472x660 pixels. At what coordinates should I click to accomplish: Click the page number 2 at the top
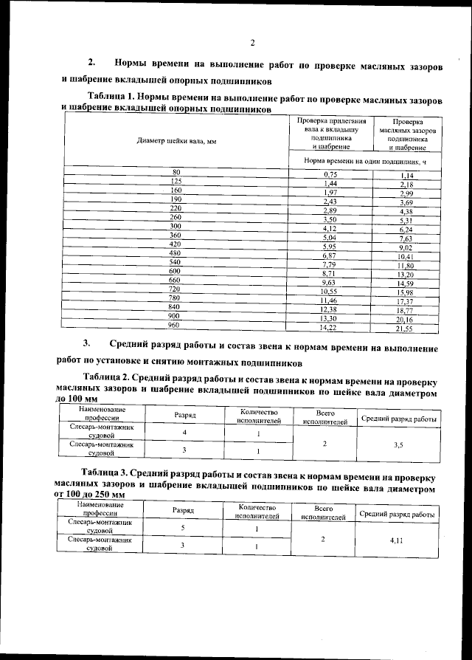[x=251, y=41]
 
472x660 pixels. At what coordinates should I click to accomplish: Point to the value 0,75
[x=330, y=173]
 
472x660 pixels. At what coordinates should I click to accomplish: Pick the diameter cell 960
[x=176, y=324]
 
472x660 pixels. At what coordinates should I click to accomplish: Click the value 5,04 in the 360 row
[x=330, y=238]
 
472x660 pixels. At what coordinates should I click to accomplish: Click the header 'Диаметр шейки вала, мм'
[x=176, y=140]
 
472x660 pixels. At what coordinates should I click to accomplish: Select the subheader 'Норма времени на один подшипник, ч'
[x=367, y=159]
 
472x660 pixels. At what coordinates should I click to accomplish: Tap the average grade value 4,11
[x=399, y=541]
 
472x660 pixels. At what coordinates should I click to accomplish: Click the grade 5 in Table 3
[x=183, y=529]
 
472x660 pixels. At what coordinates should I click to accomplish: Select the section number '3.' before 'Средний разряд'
[x=86, y=344]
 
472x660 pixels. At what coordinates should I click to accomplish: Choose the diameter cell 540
[x=176, y=262]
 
